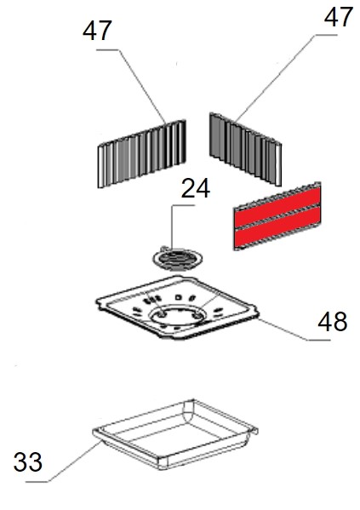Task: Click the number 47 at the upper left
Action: coord(97,31)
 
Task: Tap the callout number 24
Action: coord(196,189)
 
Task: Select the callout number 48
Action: coord(333,322)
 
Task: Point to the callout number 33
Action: coord(28,461)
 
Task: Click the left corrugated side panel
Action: coord(142,154)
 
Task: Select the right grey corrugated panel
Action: coord(245,150)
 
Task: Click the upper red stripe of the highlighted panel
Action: coord(277,207)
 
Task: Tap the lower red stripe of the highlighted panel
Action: coord(277,226)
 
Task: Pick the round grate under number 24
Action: coord(178,259)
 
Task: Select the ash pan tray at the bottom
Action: coord(175,434)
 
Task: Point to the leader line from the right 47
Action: coord(274,78)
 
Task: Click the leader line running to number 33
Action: coord(64,462)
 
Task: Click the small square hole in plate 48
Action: coord(178,297)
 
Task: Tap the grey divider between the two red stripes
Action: coord(277,217)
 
